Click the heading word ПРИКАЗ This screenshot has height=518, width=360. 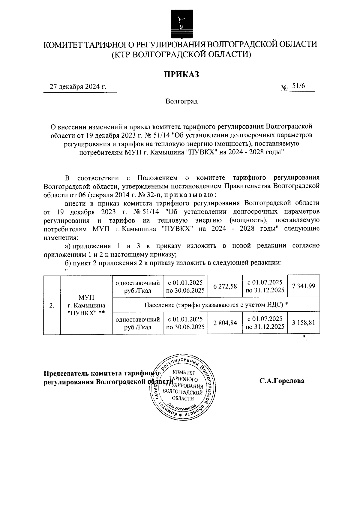[181, 74]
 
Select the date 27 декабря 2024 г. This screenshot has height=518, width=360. [78, 87]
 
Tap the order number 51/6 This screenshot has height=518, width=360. [298, 86]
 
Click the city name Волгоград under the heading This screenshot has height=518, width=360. [181, 101]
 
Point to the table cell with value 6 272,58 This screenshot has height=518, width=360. [225, 286]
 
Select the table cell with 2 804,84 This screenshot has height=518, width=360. [225, 323]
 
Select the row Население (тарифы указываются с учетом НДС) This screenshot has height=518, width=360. [216, 305]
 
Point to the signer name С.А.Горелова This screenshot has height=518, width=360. [282, 381]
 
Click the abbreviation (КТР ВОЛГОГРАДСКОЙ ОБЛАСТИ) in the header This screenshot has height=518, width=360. [181, 54]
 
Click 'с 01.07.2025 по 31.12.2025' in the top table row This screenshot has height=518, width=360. [265, 286]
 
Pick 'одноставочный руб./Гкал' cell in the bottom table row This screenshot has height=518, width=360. [138, 323]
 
